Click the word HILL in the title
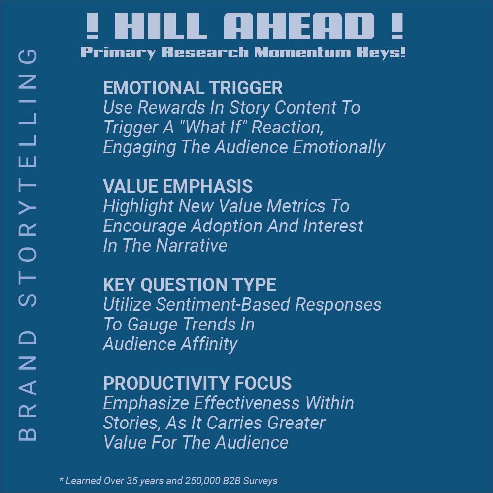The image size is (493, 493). tap(161, 26)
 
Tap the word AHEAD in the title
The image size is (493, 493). tap(299, 26)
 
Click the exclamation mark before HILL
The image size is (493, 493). tap(93, 26)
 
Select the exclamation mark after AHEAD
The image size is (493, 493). tap(397, 26)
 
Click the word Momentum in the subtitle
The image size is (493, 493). tap(302, 52)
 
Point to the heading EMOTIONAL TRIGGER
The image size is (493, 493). tap(193, 88)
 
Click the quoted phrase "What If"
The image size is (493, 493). tap(213, 127)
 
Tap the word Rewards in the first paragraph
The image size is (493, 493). tap(171, 107)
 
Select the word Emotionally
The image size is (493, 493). tap(339, 147)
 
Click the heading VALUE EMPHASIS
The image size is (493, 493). tap(178, 186)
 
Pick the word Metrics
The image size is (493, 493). tap(296, 206)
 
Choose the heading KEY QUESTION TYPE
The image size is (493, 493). tap(190, 285)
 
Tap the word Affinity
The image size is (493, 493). tap(209, 344)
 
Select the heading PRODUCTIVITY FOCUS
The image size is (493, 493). tap(197, 383)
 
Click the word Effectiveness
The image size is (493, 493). tap(246, 403)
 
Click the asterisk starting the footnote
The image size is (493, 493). tap(62, 480)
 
